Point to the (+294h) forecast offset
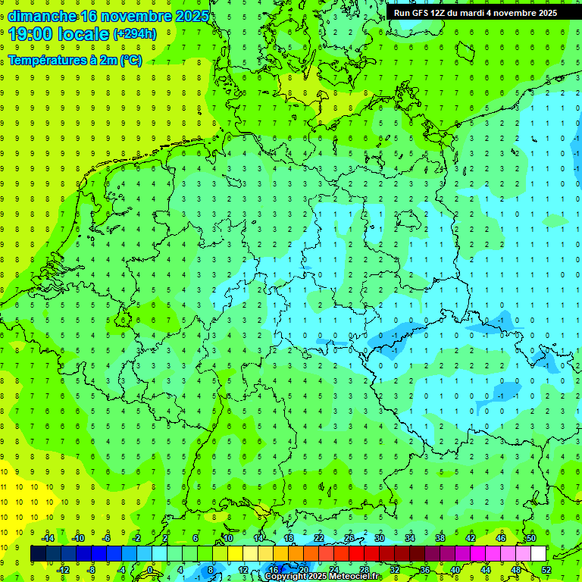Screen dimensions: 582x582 pos(135,34)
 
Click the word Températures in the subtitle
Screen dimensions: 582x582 pos(45,61)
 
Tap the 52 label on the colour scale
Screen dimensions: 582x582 pos(546,570)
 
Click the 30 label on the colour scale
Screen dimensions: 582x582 pos(380,538)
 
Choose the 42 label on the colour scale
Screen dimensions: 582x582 pos(471,538)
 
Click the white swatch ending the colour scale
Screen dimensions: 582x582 pos(538,554)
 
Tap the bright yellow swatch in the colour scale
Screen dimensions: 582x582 pos(235,554)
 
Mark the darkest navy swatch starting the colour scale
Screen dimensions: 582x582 pos(38,554)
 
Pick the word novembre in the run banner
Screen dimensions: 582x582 pos(530,13)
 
